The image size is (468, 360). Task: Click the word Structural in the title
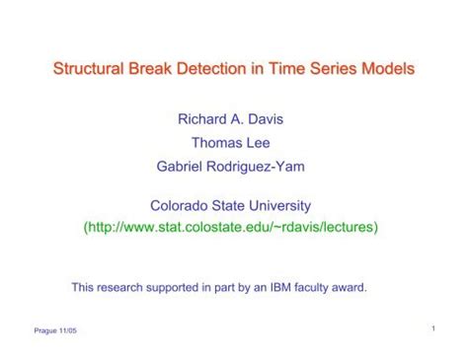pyautogui.click(x=87, y=70)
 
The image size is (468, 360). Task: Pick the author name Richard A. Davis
pyautogui.click(x=229, y=119)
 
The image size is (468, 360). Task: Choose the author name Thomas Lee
pyautogui.click(x=230, y=143)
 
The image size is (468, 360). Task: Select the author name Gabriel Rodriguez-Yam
pyautogui.click(x=230, y=167)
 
